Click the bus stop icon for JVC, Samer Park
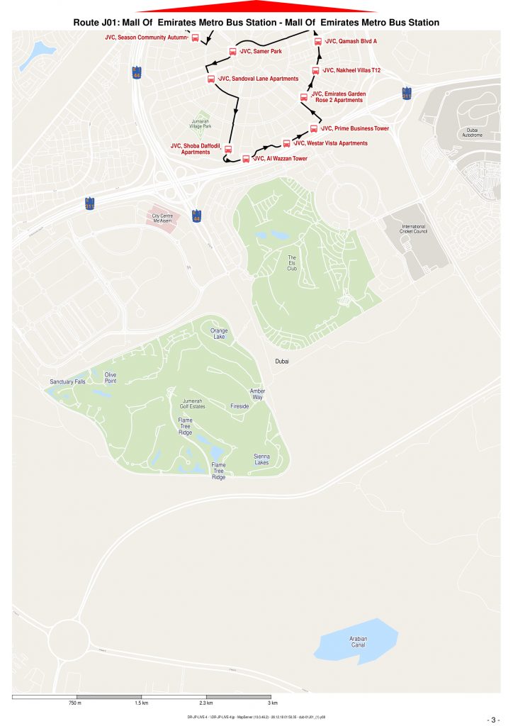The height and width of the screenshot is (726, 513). point(232,52)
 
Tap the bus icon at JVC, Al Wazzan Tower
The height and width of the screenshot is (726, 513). point(246,159)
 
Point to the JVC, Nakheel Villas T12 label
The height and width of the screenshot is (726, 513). point(352,71)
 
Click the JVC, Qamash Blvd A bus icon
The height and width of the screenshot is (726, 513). point(317,42)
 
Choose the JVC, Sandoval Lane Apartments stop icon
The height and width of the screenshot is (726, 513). point(210,79)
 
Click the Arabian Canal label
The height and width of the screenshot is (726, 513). point(359,642)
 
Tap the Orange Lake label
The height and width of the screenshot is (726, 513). point(219,333)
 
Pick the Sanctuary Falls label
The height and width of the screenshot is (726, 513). point(67,382)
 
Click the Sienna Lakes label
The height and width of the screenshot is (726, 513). point(261,459)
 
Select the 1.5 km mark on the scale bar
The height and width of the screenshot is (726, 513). point(141,703)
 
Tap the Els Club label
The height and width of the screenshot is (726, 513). point(292,263)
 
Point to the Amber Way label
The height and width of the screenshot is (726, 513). point(256,394)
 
